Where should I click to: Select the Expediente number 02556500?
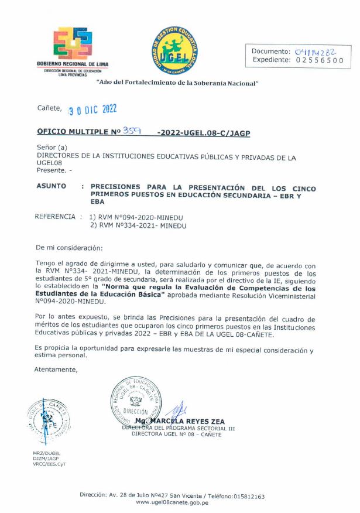[x=320, y=60]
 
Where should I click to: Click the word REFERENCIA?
[x=55, y=217]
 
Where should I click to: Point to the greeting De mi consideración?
[x=69, y=248]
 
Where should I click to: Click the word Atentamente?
[x=56, y=370]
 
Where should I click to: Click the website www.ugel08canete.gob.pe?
[x=172, y=502]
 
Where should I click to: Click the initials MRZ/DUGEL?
[x=47, y=454]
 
